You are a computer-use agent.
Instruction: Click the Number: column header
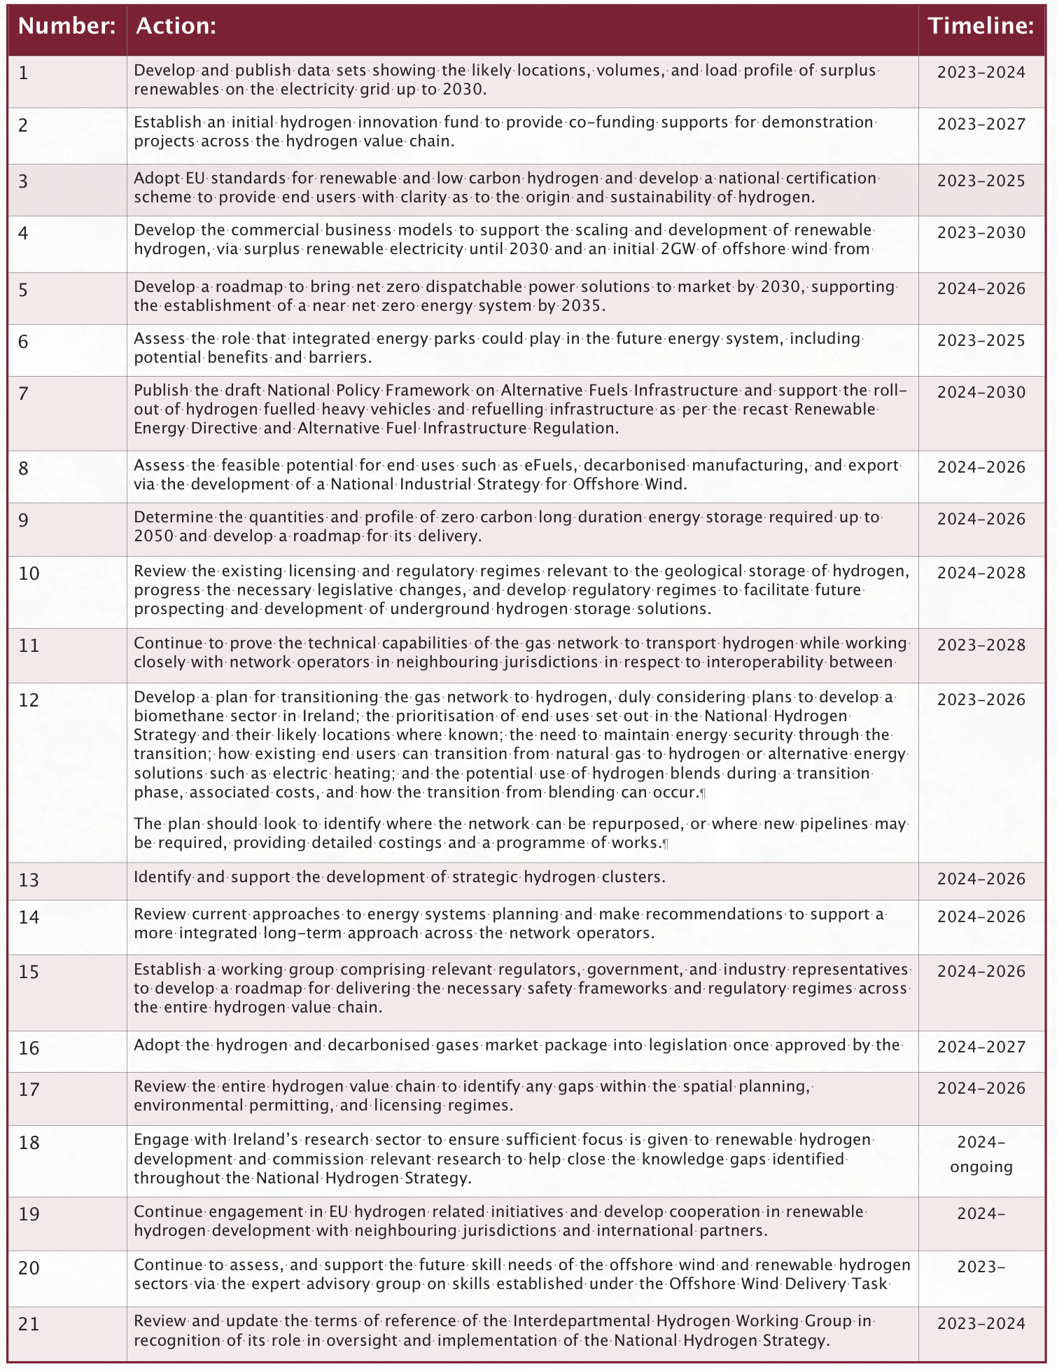coord(66,27)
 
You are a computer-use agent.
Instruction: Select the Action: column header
coord(175,27)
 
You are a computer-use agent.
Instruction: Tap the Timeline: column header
coord(981,27)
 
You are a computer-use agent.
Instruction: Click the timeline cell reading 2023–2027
coord(981,125)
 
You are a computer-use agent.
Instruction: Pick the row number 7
coord(24,394)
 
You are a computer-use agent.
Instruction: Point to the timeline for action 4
coord(981,232)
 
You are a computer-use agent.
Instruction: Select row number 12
coord(29,700)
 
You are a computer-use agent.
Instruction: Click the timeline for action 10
coord(981,573)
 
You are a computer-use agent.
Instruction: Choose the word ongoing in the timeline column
coord(981,1167)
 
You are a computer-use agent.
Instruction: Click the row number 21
coord(29,1323)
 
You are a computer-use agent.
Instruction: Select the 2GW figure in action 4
coord(679,249)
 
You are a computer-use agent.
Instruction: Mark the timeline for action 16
coord(981,1048)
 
